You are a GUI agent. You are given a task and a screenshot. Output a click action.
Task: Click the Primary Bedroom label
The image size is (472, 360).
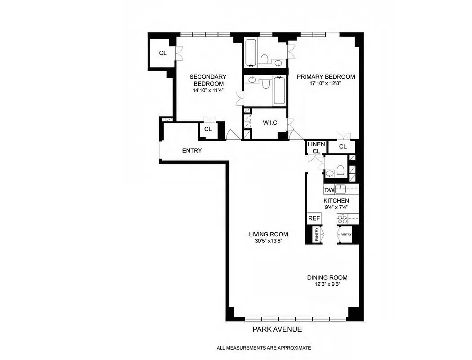325,76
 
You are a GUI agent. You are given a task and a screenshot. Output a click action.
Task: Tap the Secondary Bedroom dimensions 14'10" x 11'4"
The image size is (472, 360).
208,90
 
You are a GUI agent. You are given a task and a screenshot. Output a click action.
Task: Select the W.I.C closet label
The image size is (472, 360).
269,123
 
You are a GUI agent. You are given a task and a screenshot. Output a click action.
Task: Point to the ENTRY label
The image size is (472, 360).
192,151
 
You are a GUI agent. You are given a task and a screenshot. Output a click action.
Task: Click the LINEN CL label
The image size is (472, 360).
316,148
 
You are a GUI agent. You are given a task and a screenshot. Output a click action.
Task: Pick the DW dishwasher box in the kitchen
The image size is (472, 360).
329,190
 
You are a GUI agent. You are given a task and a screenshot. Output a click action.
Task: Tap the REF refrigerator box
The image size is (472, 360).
314,219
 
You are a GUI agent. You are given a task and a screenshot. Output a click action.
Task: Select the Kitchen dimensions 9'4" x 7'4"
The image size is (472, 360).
336,207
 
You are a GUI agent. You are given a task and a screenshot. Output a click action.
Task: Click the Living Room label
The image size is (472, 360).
268,234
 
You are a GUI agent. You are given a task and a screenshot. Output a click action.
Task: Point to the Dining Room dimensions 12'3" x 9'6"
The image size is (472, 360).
327,284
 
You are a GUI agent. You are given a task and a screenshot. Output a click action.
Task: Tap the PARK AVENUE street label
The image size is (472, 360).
277,329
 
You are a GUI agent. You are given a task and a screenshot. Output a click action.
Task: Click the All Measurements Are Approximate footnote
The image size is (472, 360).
263,348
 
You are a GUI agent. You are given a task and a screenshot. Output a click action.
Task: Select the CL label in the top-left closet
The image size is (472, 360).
162,53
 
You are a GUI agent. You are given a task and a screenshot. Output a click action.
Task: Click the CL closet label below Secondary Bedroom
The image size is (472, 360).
208,129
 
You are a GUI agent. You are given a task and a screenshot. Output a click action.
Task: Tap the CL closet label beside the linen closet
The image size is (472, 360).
343,147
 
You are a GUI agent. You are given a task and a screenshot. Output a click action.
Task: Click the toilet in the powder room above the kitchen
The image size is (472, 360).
341,171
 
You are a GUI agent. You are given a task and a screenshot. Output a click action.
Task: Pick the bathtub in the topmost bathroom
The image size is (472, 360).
251,53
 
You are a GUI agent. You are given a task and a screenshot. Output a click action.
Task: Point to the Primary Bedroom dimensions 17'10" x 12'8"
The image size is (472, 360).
325,83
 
